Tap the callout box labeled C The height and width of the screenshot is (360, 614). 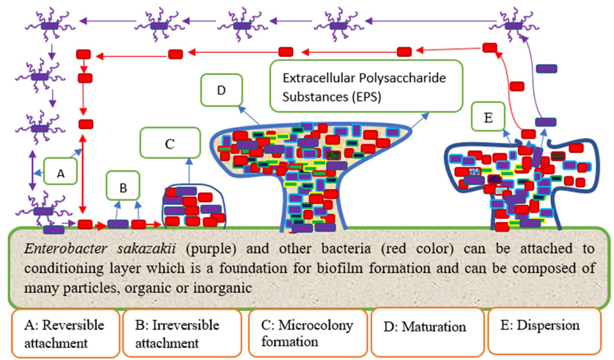(x=170, y=143)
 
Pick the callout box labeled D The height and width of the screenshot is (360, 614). (x=221, y=90)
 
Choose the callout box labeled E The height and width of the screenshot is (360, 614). (x=488, y=117)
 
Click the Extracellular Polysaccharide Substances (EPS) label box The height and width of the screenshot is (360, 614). (x=366, y=86)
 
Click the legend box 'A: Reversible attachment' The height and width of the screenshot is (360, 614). (x=65, y=333)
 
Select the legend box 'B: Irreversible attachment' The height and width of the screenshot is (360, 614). (x=181, y=333)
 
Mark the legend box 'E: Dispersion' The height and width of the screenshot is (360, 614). (x=544, y=331)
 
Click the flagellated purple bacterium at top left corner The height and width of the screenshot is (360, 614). (x=50, y=25)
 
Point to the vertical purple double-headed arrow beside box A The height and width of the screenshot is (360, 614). (x=32, y=171)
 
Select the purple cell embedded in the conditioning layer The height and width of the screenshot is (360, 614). (x=54, y=230)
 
